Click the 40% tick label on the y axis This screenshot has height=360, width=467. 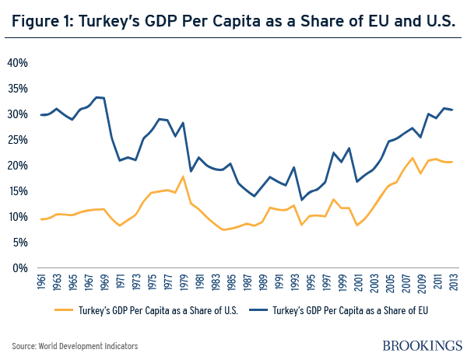[19, 62]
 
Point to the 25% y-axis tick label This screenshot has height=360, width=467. [19, 139]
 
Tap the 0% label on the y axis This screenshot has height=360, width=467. [21, 268]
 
